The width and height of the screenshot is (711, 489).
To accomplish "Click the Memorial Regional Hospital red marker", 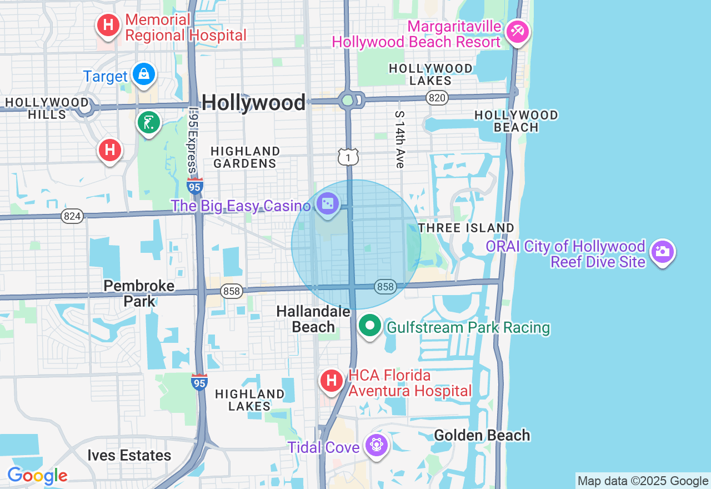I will pyautogui.click(x=109, y=25).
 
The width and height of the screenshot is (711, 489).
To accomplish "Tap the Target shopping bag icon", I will pyautogui.click(x=144, y=74).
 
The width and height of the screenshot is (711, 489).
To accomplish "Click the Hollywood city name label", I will pyautogui.click(x=253, y=102).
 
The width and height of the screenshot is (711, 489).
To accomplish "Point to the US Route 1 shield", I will pyautogui.click(x=348, y=157).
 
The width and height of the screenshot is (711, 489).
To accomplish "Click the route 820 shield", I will pyautogui.click(x=437, y=98).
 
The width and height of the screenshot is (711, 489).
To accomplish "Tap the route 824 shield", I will pyautogui.click(x=72, y=216).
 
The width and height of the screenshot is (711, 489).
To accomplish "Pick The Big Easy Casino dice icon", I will pyautogui.click(x=327, y=204).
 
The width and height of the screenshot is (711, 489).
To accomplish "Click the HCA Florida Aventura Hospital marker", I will pyautogui.click(x=332, y=381).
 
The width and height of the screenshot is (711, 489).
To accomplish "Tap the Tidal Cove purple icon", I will pyautogui.click(x=377, y=445).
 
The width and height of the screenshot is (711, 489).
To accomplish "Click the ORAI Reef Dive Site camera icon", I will pyautogui.click(x=662, y=252).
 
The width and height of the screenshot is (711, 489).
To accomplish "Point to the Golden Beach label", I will pyautogui.click(x=482, y=435).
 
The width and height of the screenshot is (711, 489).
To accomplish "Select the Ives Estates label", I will pyautogui.click(x=129, y=456).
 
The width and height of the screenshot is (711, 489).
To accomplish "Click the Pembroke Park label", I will pyautogui.click(x=139, y=293).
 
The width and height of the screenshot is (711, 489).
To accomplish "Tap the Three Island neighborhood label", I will pyautogui.click(x=466, y=228).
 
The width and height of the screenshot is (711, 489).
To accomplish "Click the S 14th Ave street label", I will pyautogui.click(x=399, y=139).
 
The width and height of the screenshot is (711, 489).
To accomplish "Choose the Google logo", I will pyautogui.click(x=37, y=476).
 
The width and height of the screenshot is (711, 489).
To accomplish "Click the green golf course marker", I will pyautogui.click(x=148, y=123).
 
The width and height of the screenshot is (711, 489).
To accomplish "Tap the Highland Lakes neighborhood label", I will pyautogui.click(x=249, y=400).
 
